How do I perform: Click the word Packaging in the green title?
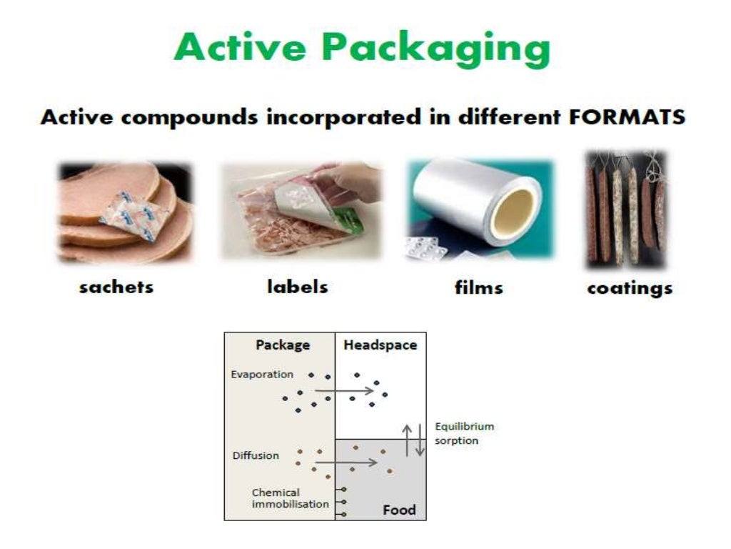pos(435,49)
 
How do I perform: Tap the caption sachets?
pos(116,287)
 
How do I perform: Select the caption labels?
pos(298,287)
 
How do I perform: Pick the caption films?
pos(478,287)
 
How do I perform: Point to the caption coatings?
pos(630,288)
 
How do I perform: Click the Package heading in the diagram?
pos(283,345)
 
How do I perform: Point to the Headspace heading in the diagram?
pos(380,345)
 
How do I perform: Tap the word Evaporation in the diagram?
pos(262,374)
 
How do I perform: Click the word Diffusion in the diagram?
pos(256,455)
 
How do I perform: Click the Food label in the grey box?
pos(398,510)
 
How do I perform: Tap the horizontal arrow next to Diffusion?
pos(346,463)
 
